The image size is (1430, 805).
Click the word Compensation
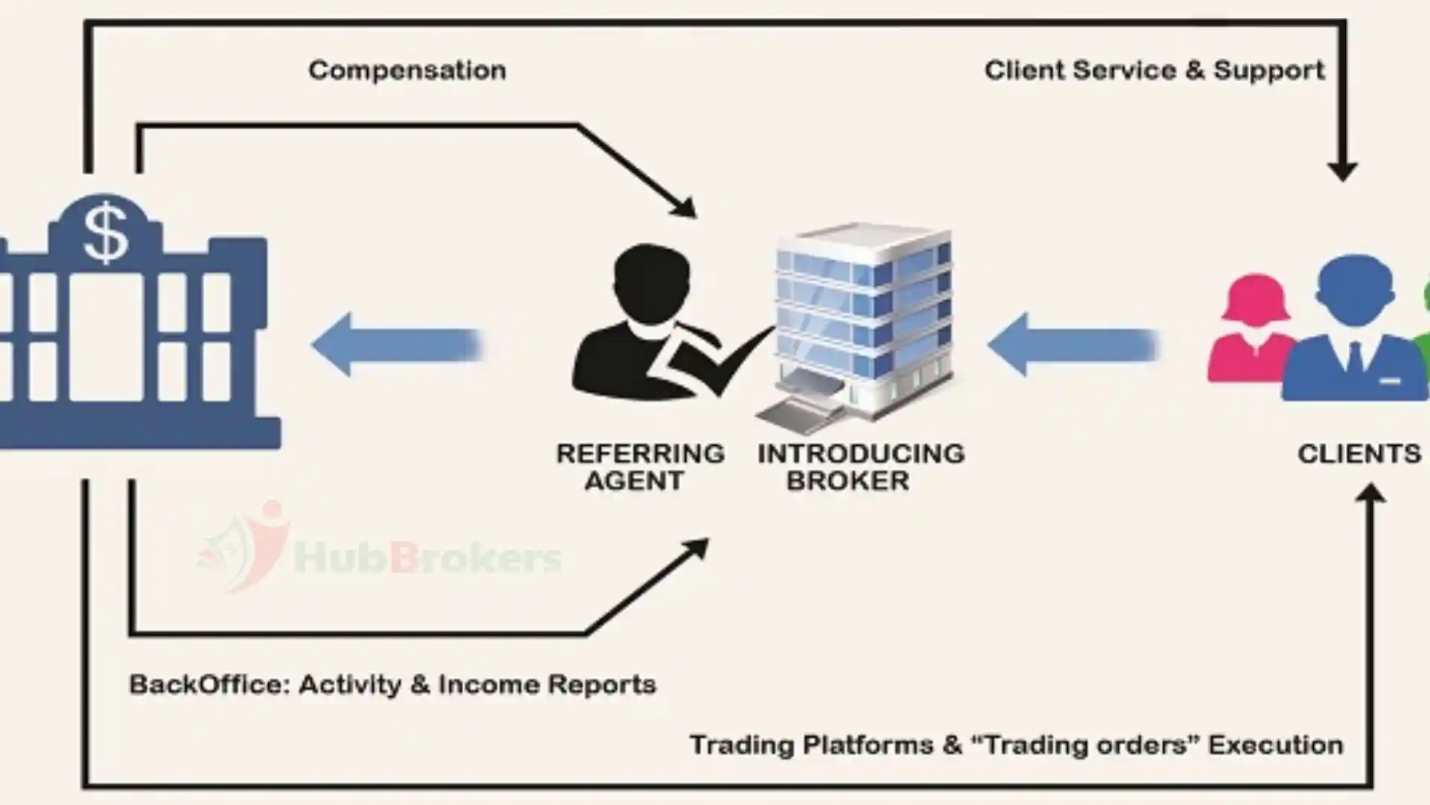coord(407,70)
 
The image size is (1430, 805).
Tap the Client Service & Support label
coord(1154,70)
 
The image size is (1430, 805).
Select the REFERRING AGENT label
coord(640,467)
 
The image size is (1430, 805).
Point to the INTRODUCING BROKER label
coord(860,467)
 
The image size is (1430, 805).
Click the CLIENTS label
coord(1358,453)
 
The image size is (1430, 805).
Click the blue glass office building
coord(864,313)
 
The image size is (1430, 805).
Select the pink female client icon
coord(1253,328)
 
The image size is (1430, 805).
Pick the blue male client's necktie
coord(1354,356)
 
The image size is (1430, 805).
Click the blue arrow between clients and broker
coord(1072,345)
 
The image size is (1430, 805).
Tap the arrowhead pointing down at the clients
coord(1342,170)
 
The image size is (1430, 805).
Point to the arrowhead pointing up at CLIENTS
coord(1370,494)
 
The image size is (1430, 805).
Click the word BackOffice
coord(209,684)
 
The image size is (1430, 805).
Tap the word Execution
coord(1275,745)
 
